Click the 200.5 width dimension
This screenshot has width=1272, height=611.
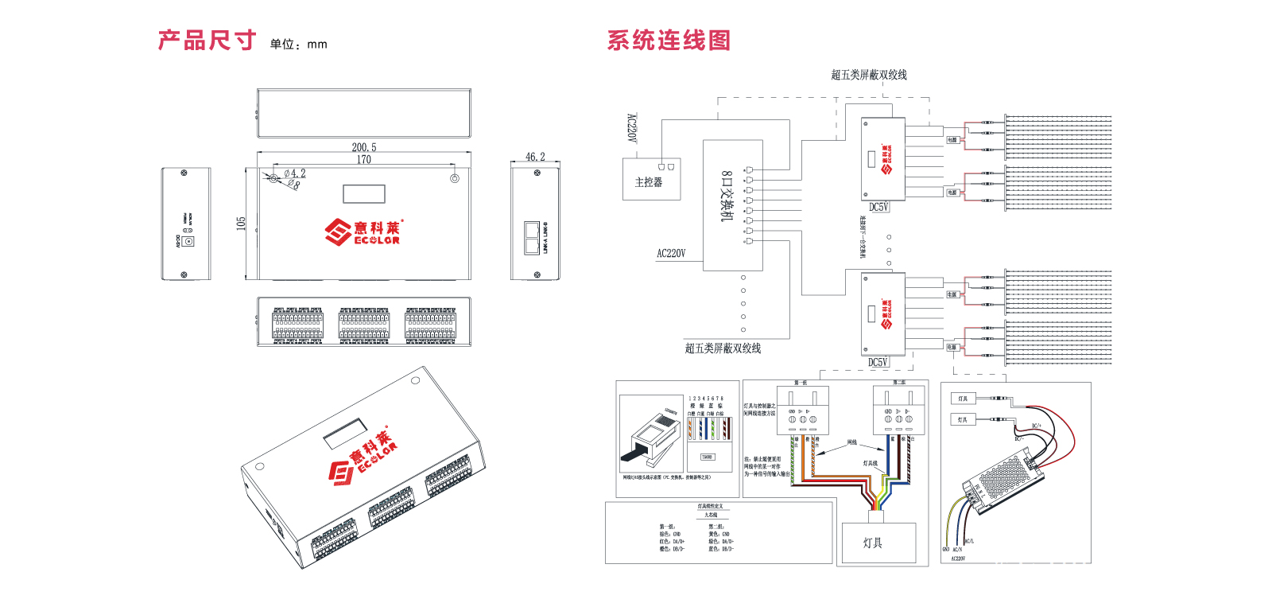pos(364,147)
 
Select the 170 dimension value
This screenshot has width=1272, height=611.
pos(364,159)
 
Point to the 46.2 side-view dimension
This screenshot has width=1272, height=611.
pos(535,157)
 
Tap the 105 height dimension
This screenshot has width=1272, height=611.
pos(241,224)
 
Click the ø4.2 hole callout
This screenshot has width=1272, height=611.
pos(294,173)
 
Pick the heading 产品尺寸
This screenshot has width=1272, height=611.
pos(207,41)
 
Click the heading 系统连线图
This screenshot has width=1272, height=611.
pos(669,41)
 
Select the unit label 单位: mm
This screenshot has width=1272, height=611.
pos(298,45)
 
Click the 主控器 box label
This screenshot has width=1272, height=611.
pos(649,182)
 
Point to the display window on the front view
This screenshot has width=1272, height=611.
pos(364,193)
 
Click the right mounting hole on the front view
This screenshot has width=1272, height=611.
pos(455,178)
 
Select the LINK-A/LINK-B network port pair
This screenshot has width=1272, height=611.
pos(532,237)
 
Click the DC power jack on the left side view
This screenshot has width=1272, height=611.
pos(189,240)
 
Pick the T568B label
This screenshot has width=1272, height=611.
pos(707,457)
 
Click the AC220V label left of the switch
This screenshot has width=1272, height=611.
pos(671,254)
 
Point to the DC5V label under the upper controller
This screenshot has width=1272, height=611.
pos(878,207)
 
